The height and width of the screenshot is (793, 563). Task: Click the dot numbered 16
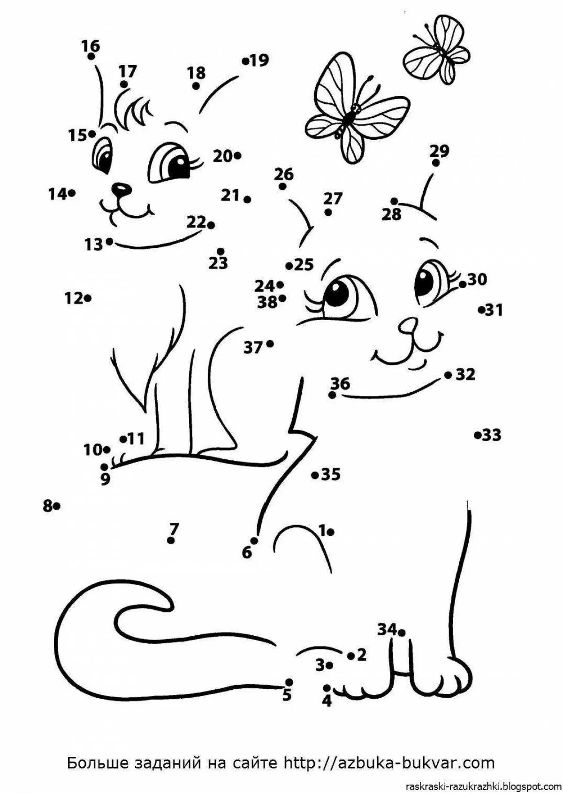coord(91,56)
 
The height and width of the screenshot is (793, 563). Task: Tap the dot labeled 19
coord(245,61)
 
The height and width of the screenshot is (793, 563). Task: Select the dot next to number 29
coord(436,163)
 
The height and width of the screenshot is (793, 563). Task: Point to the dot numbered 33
coord(477,435)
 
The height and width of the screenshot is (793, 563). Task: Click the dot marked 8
coord(56,506)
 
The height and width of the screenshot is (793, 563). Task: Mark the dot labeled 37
coord(270,344)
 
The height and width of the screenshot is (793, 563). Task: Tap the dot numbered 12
coord(88,297)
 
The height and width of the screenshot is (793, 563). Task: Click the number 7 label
coord(174,529)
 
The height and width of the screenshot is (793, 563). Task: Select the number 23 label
coord(218,263)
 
